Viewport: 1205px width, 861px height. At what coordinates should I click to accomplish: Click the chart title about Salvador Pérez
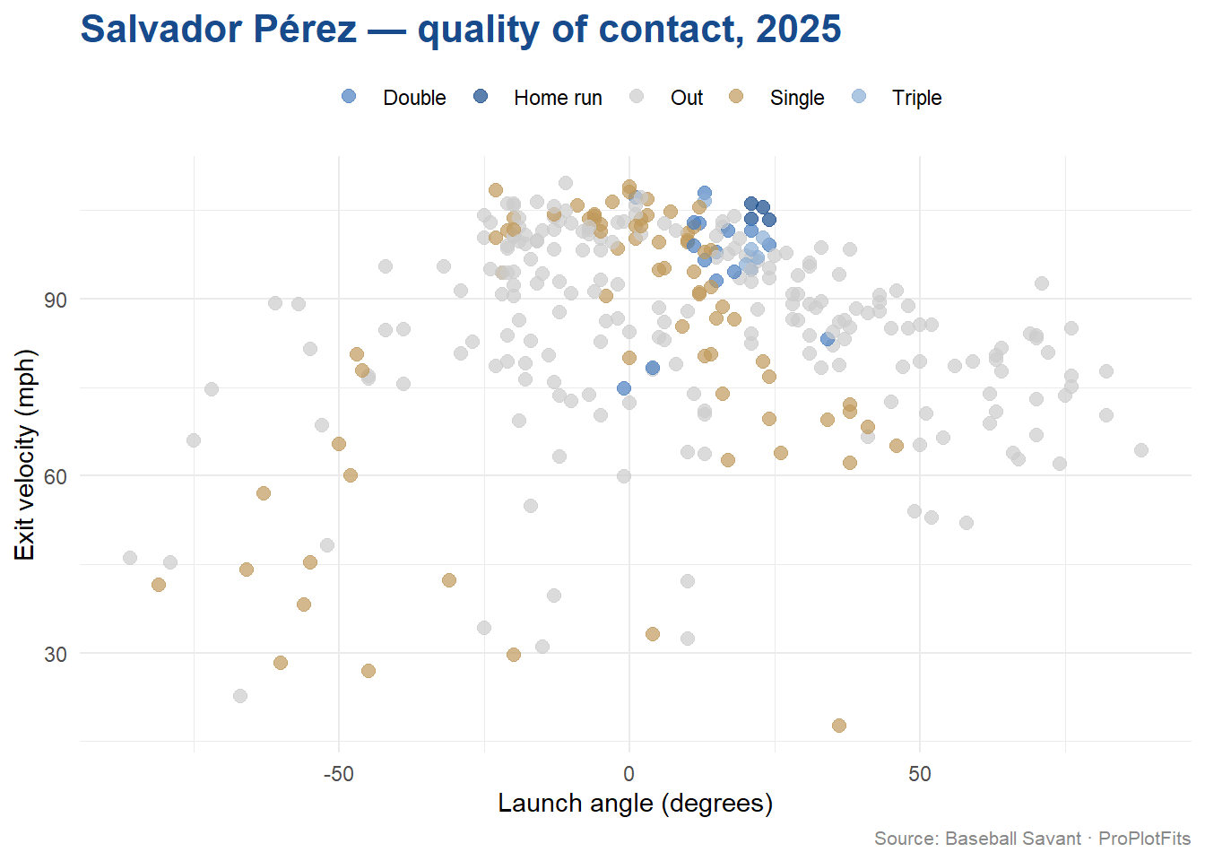[x=461, y=30]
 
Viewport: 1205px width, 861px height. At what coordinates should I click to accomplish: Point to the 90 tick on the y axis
[x=56, y=300]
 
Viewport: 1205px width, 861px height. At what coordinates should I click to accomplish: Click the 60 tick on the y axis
[x=56, y=476]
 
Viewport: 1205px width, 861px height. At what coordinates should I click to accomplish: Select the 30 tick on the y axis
[x=56, y=654]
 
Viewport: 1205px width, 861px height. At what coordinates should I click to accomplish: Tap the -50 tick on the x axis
[x=338, y=773]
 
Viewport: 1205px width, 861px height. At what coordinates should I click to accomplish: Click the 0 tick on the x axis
[x=629, y=773]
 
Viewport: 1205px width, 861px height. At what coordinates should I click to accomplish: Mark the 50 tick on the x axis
[x=919, y=773]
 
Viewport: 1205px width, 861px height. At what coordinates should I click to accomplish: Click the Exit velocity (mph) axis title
[x=24, y=454]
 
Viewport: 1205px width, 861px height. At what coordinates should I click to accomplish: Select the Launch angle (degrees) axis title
[x=635, y=803]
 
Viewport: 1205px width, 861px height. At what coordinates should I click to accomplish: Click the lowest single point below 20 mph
[x=838, y=726]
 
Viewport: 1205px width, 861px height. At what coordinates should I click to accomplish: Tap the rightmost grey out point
[x=1140, y=450]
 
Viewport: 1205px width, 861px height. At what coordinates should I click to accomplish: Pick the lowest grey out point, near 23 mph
[x=240, y=696]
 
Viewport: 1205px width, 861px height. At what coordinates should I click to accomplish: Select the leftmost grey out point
[x=130, y=558]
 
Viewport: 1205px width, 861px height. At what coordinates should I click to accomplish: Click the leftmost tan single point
[x=159, y=585]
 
